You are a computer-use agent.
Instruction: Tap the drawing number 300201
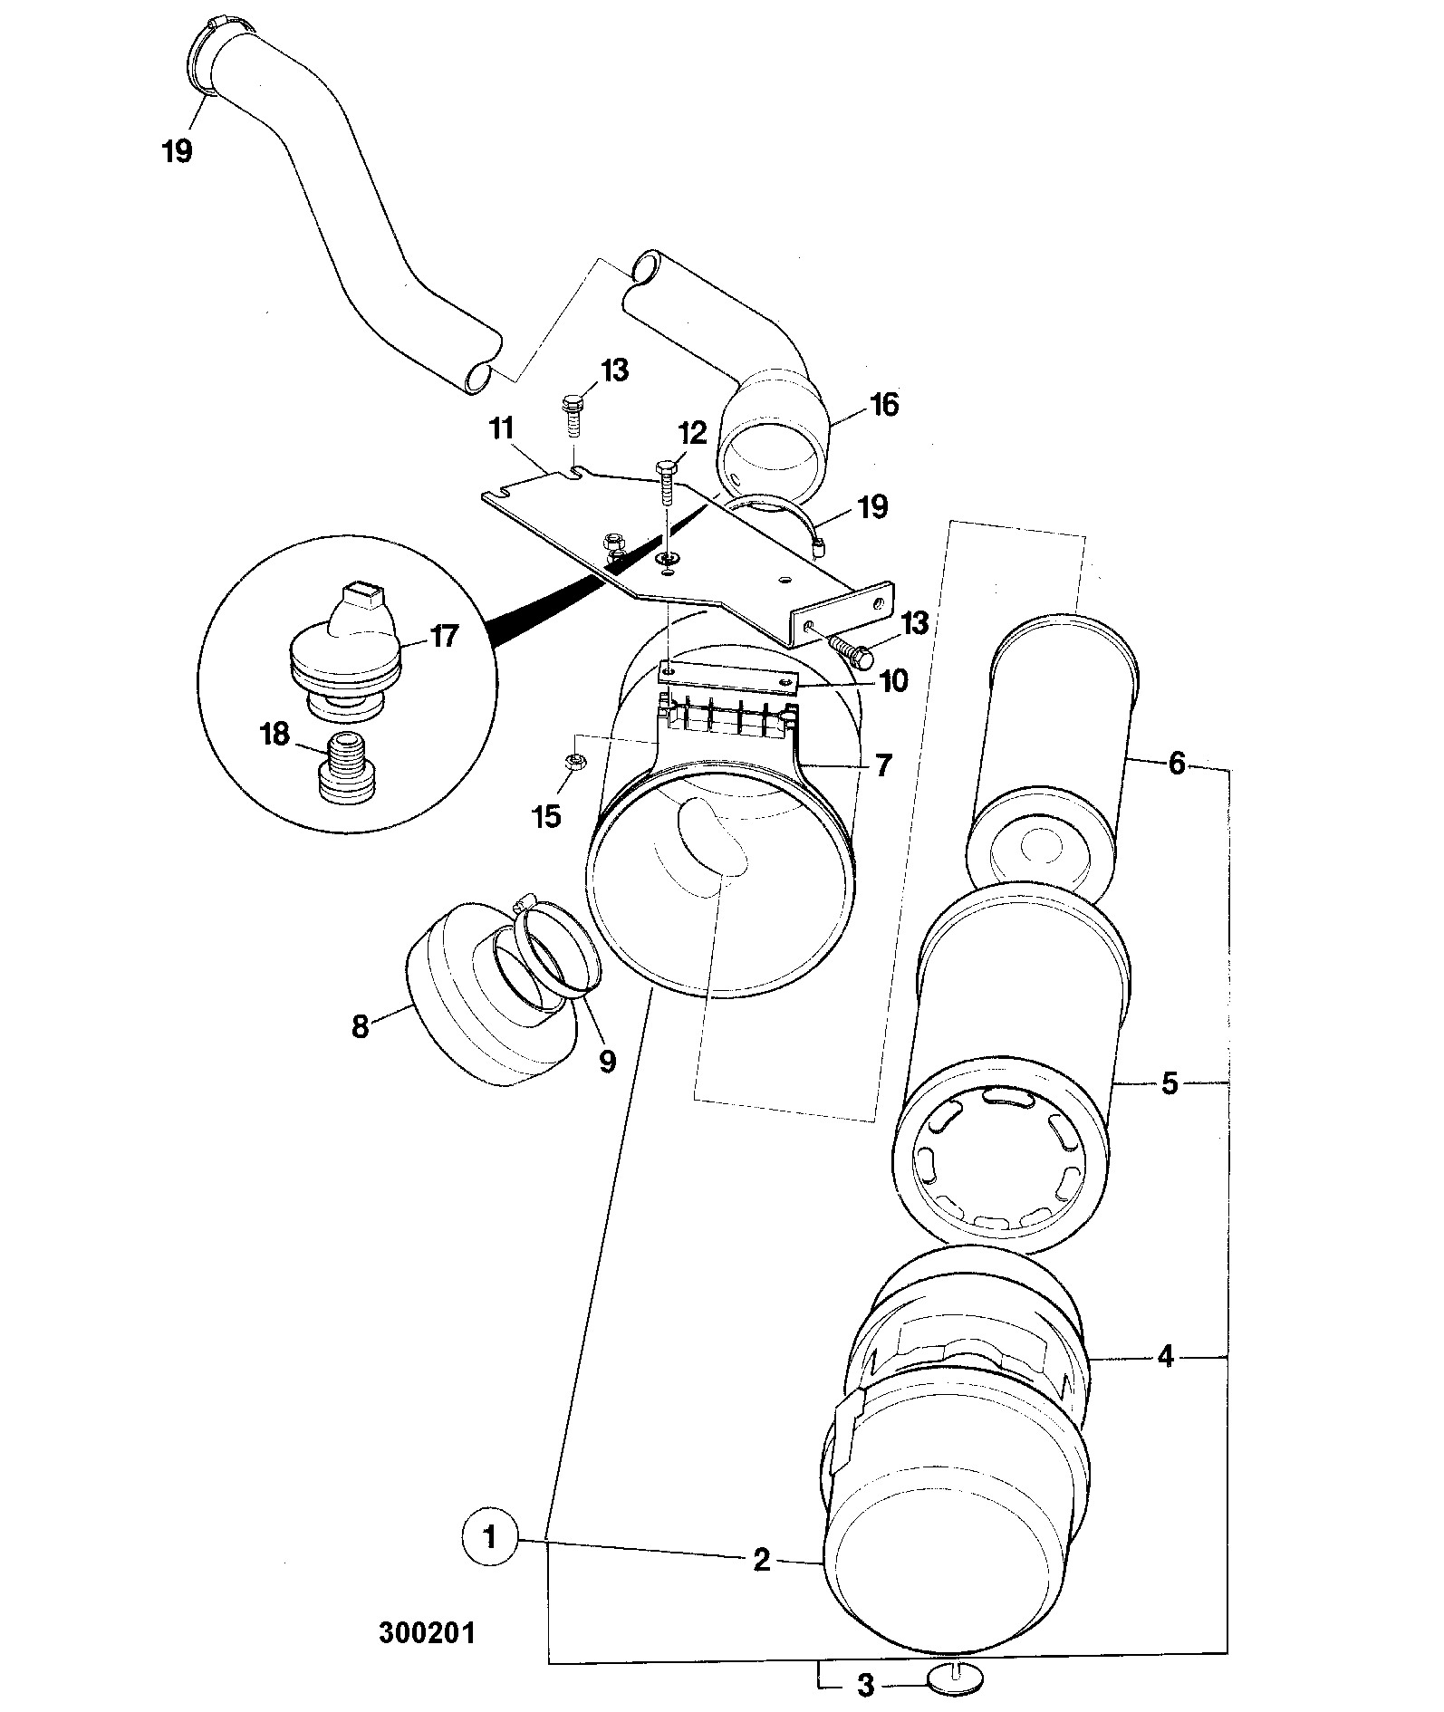(x=427, y=1633)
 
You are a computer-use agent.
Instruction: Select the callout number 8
(x=361, y=1028)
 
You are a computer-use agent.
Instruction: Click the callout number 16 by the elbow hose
(x=884, y=405)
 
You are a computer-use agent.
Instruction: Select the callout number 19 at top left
(x=178, y=149)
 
